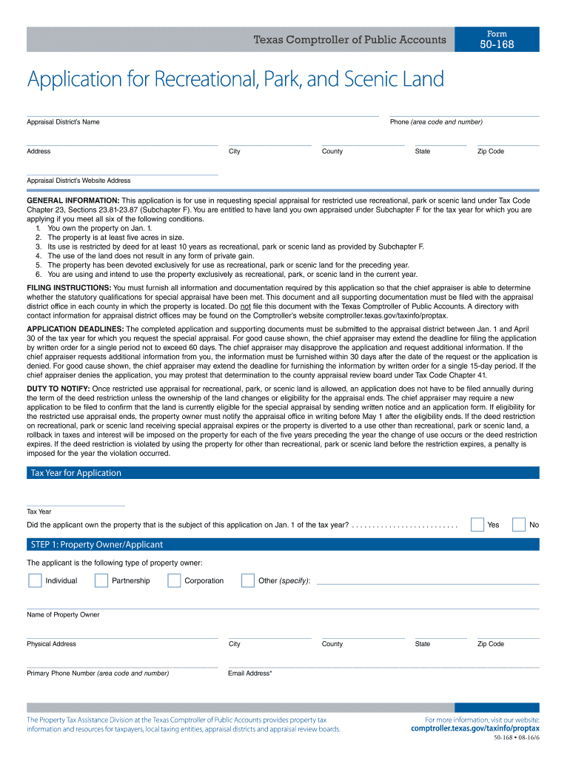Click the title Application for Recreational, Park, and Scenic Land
click(x=235, y=79)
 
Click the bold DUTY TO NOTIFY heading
click(x=58, y=389)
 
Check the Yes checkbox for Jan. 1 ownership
click(x=478, y=525)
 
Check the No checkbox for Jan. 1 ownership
click(x=519, y=525)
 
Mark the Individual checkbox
click(x=35, y=580)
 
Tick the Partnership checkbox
click(x=101, y=580)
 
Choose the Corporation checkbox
click(x=174, y=580)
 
